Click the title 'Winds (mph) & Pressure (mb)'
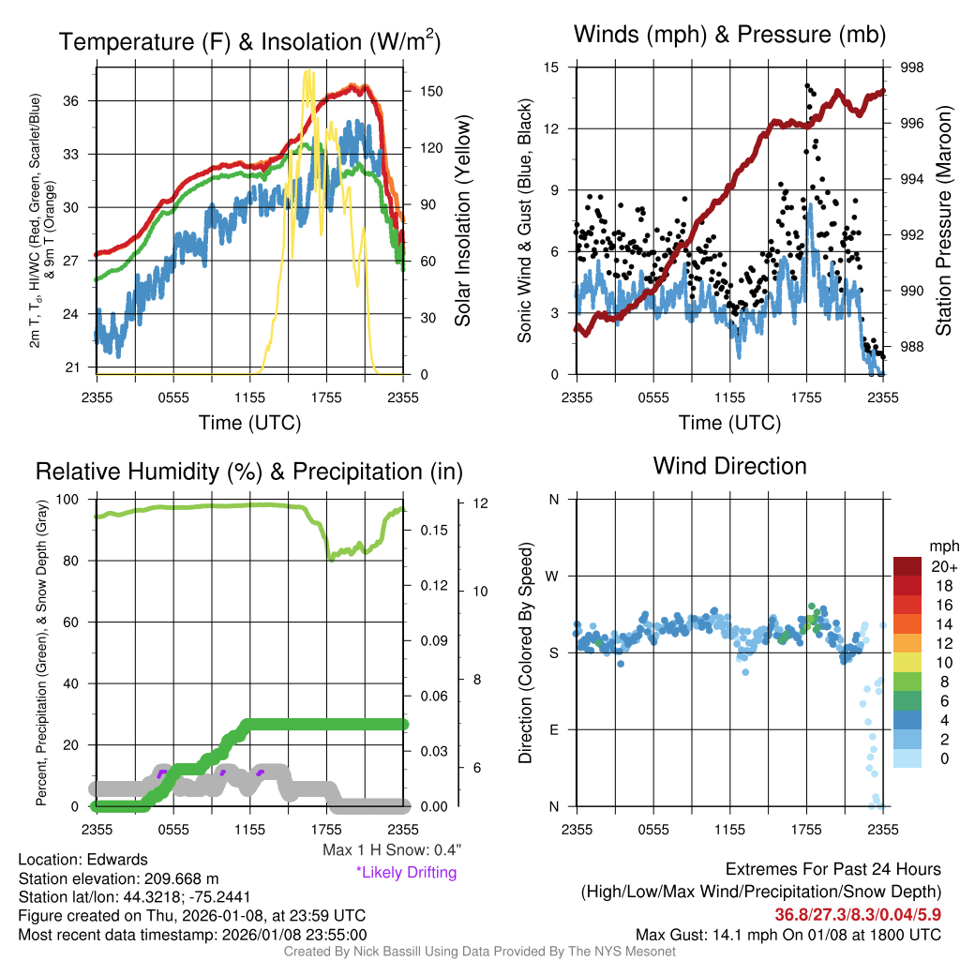click(730, 36)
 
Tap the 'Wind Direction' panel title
click(729, 466)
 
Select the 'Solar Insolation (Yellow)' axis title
click(463, 221)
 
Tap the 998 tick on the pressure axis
click(911, 67)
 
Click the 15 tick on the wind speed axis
click(551, 67)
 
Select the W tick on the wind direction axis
click(552, 576)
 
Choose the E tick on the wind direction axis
click(553, 729)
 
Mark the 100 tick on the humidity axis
click(69, 500)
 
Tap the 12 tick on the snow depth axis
click(480, 503)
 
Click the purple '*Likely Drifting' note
click(406, 872)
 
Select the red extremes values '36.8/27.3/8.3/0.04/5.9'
click(858, 913)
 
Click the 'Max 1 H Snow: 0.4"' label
click(392, 849)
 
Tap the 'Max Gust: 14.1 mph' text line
click(788, 934)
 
